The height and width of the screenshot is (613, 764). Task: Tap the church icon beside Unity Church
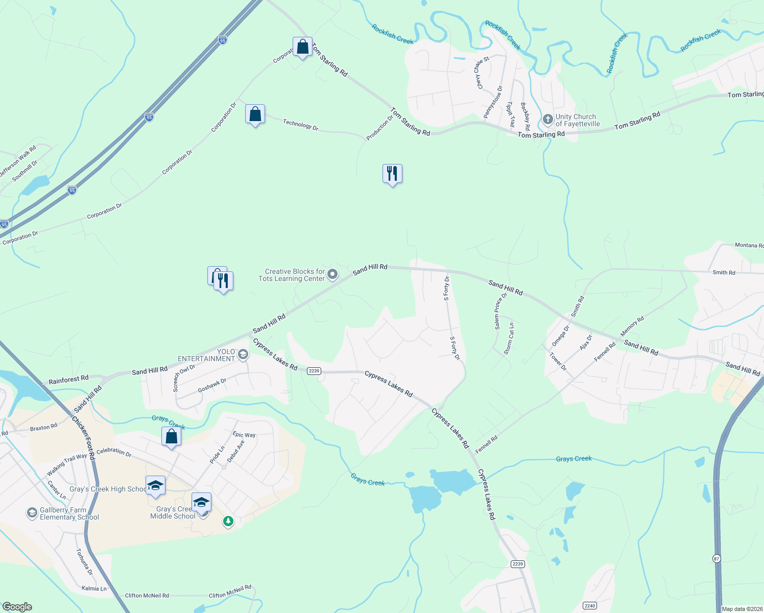click(x=547, y=120)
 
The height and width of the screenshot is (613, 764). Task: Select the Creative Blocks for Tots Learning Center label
click(x=292, y=275)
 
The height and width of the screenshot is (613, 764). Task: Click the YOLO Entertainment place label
click(x=206, y=355)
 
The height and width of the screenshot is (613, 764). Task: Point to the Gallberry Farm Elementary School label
click(x=69, y=513)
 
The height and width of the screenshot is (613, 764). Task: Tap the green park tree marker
click(x=228, y=522)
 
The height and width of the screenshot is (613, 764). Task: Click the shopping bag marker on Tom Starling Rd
click(x=302, y=47)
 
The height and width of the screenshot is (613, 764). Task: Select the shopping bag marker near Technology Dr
click(x=255, y=114)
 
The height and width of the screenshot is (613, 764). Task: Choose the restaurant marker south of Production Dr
click(x=392, y=174)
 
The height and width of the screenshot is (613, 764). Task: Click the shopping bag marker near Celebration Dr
click(x=171, y=437)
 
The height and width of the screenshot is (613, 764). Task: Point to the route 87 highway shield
click(x=717, y=559)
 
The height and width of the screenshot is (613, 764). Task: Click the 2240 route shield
click(x=590, y=606)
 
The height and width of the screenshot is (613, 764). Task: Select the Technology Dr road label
click(x=301, y=125)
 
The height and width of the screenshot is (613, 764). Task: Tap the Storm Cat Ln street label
click(x=509, y=338)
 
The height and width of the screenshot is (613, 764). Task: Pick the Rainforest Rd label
click(x=68, y=380)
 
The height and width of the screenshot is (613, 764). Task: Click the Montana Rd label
click(x=749, y=245)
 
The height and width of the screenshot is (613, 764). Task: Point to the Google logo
click(x=17, y=607)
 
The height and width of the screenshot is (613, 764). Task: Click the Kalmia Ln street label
click(x=94, y=588)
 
